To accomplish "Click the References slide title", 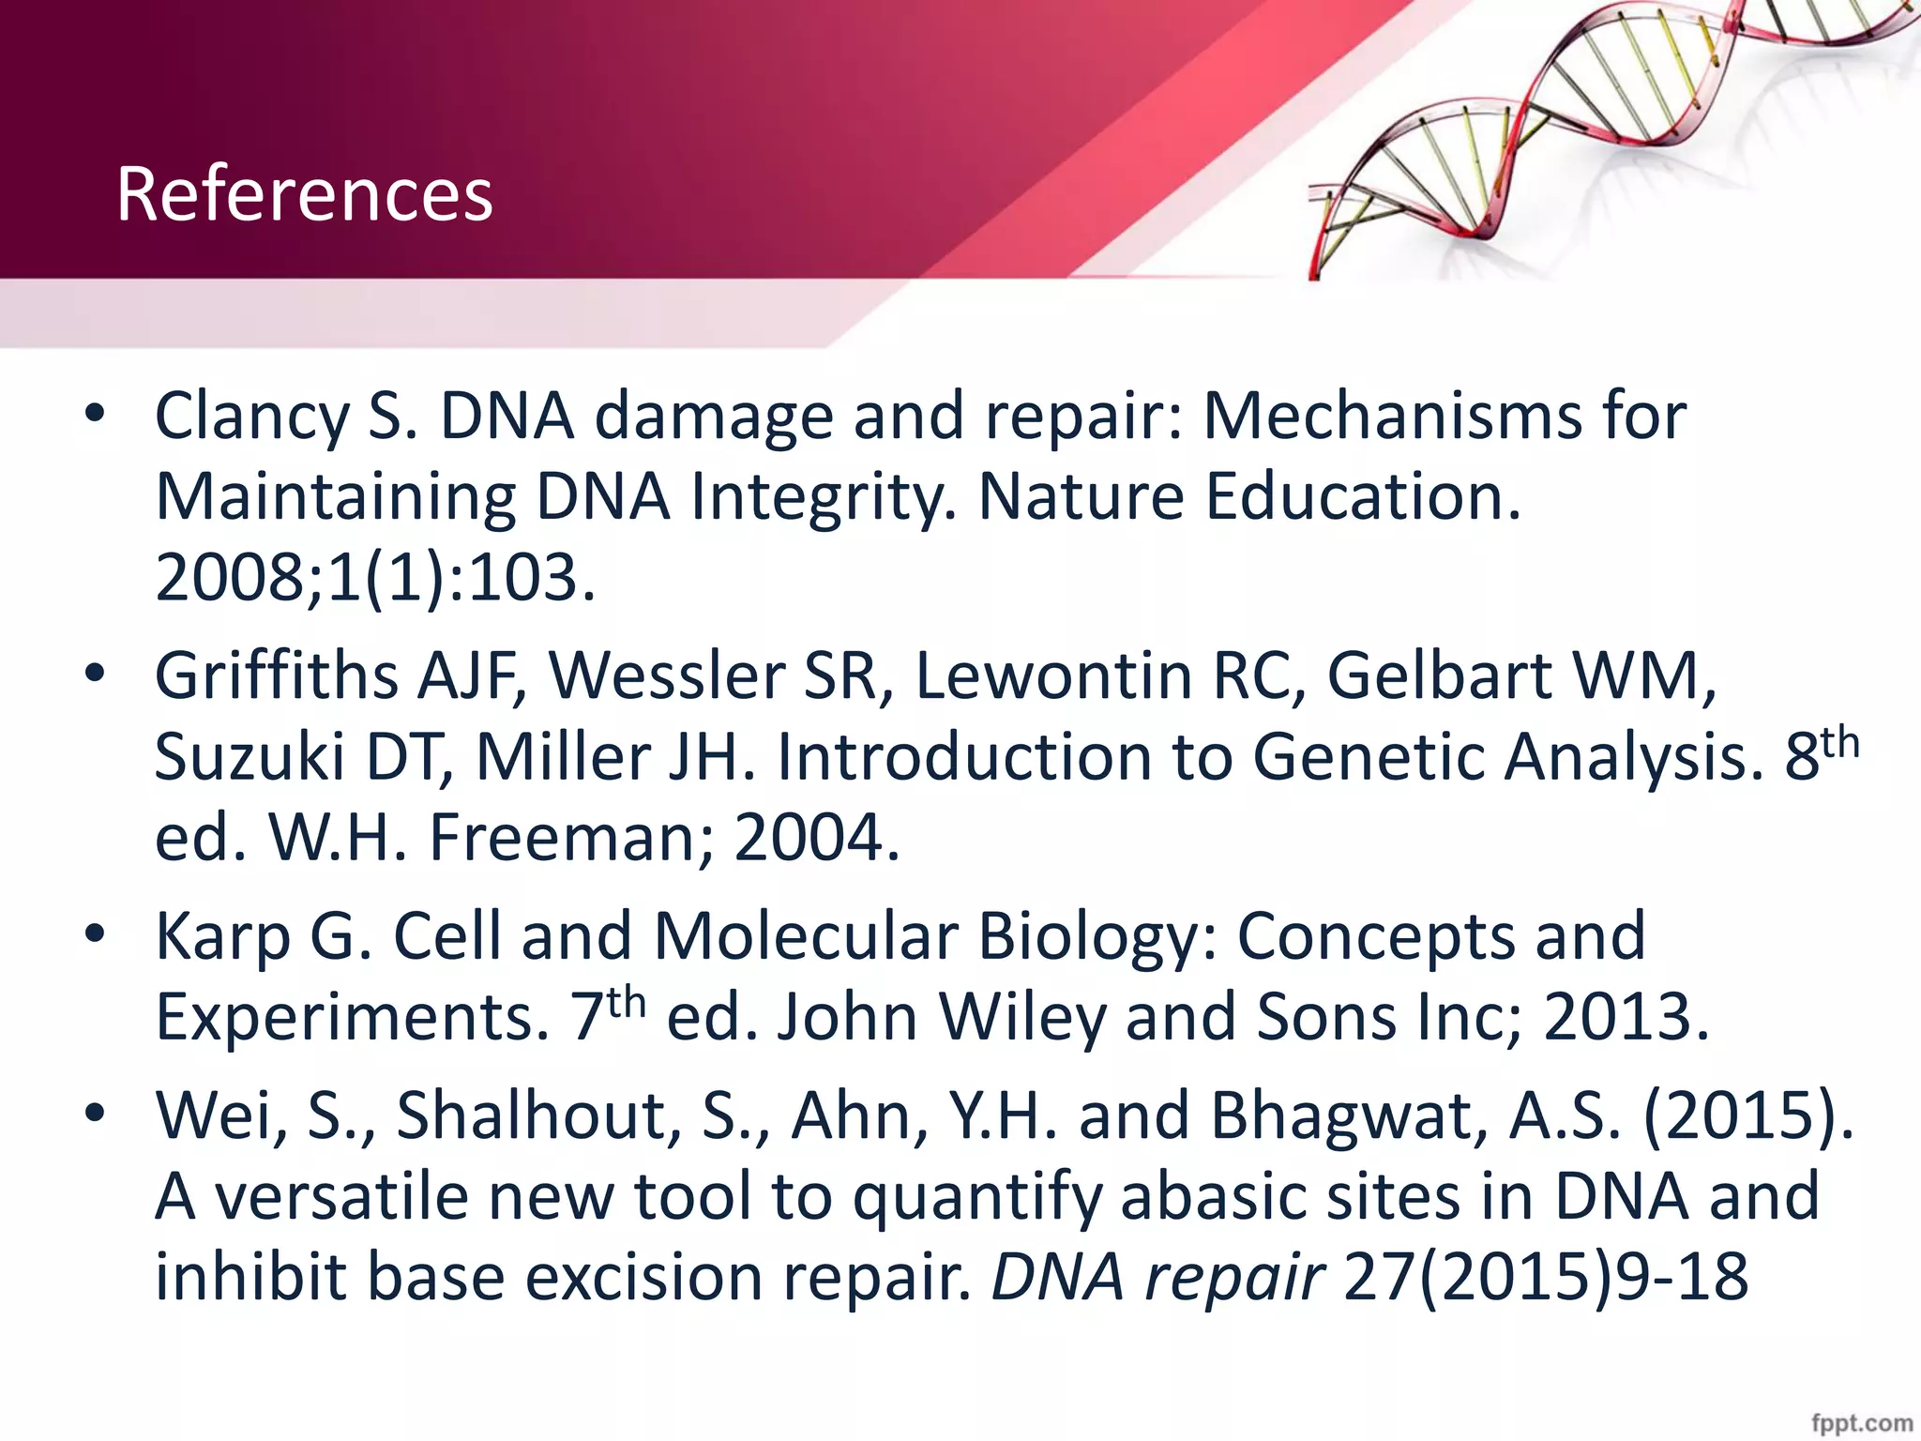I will tap(304, 194).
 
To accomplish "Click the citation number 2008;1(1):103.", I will tap(375, 578).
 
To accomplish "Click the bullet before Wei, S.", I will tap(95, 1115).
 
